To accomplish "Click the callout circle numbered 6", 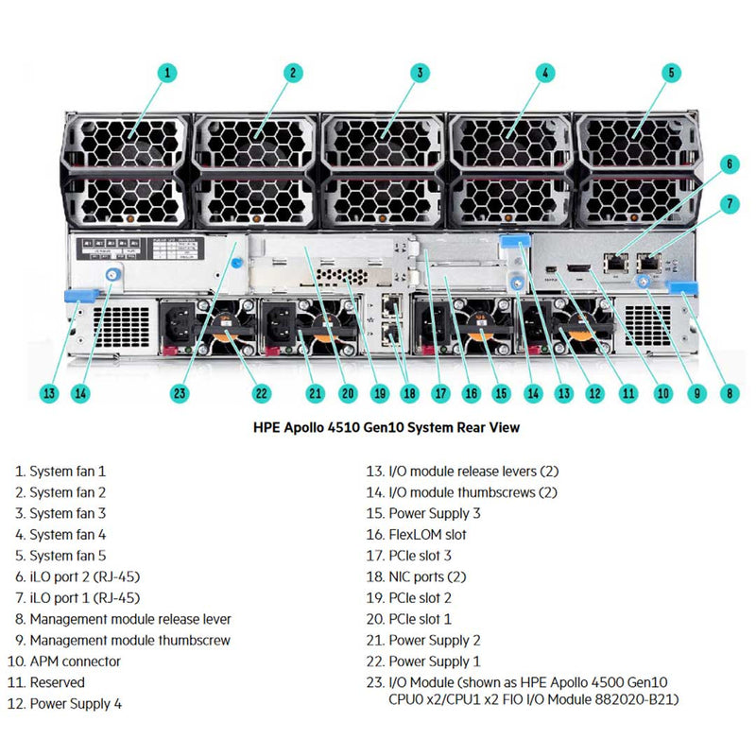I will (x=729, y=163).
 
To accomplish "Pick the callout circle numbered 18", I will (x=409, y=393).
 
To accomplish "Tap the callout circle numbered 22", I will (x=262, y=393).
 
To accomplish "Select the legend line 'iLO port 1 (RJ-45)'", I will (x=84, y=597).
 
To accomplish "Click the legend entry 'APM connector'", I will (x=75, y=661).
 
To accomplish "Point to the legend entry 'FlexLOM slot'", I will (x=427, y=534).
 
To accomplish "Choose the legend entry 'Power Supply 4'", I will (x=75, y=703).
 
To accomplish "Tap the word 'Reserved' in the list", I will (x=57, y=682).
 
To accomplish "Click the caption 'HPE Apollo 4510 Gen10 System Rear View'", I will (x=386, y=427).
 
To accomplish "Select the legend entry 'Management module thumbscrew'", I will (x=129, y=640).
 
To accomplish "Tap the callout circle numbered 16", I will (x=470, y=393).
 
